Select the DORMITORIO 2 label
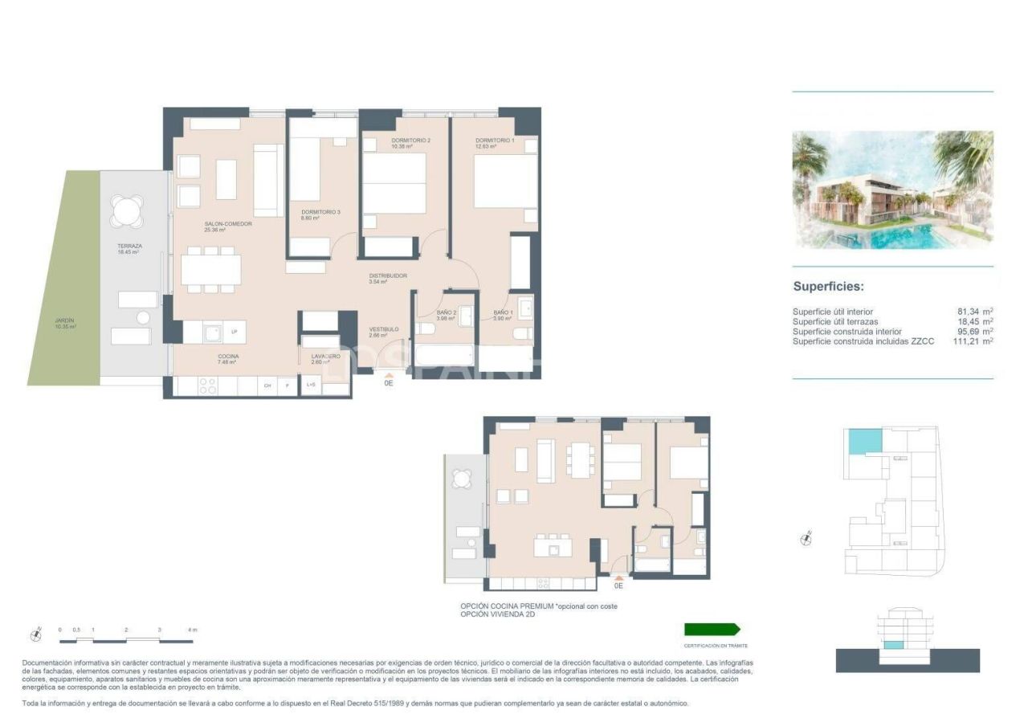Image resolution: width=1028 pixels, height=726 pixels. click(410, 141)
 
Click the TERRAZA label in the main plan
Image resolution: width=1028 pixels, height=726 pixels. click(128, 246)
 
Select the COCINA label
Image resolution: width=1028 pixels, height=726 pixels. click(227, 357)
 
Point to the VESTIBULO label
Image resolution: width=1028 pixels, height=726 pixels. click(384, 329)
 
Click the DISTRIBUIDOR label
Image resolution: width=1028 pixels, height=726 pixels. click(388, 276)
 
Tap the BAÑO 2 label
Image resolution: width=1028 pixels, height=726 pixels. click(447, 312)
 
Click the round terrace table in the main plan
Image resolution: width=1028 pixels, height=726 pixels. click(127, 212)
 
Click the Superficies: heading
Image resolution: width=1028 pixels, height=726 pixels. click(828, 286)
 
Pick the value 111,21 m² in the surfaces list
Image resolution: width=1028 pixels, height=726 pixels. click(970, 341)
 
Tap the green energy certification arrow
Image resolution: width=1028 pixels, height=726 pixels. click(712, 630)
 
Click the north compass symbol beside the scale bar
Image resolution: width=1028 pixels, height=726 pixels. click(35, 634)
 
